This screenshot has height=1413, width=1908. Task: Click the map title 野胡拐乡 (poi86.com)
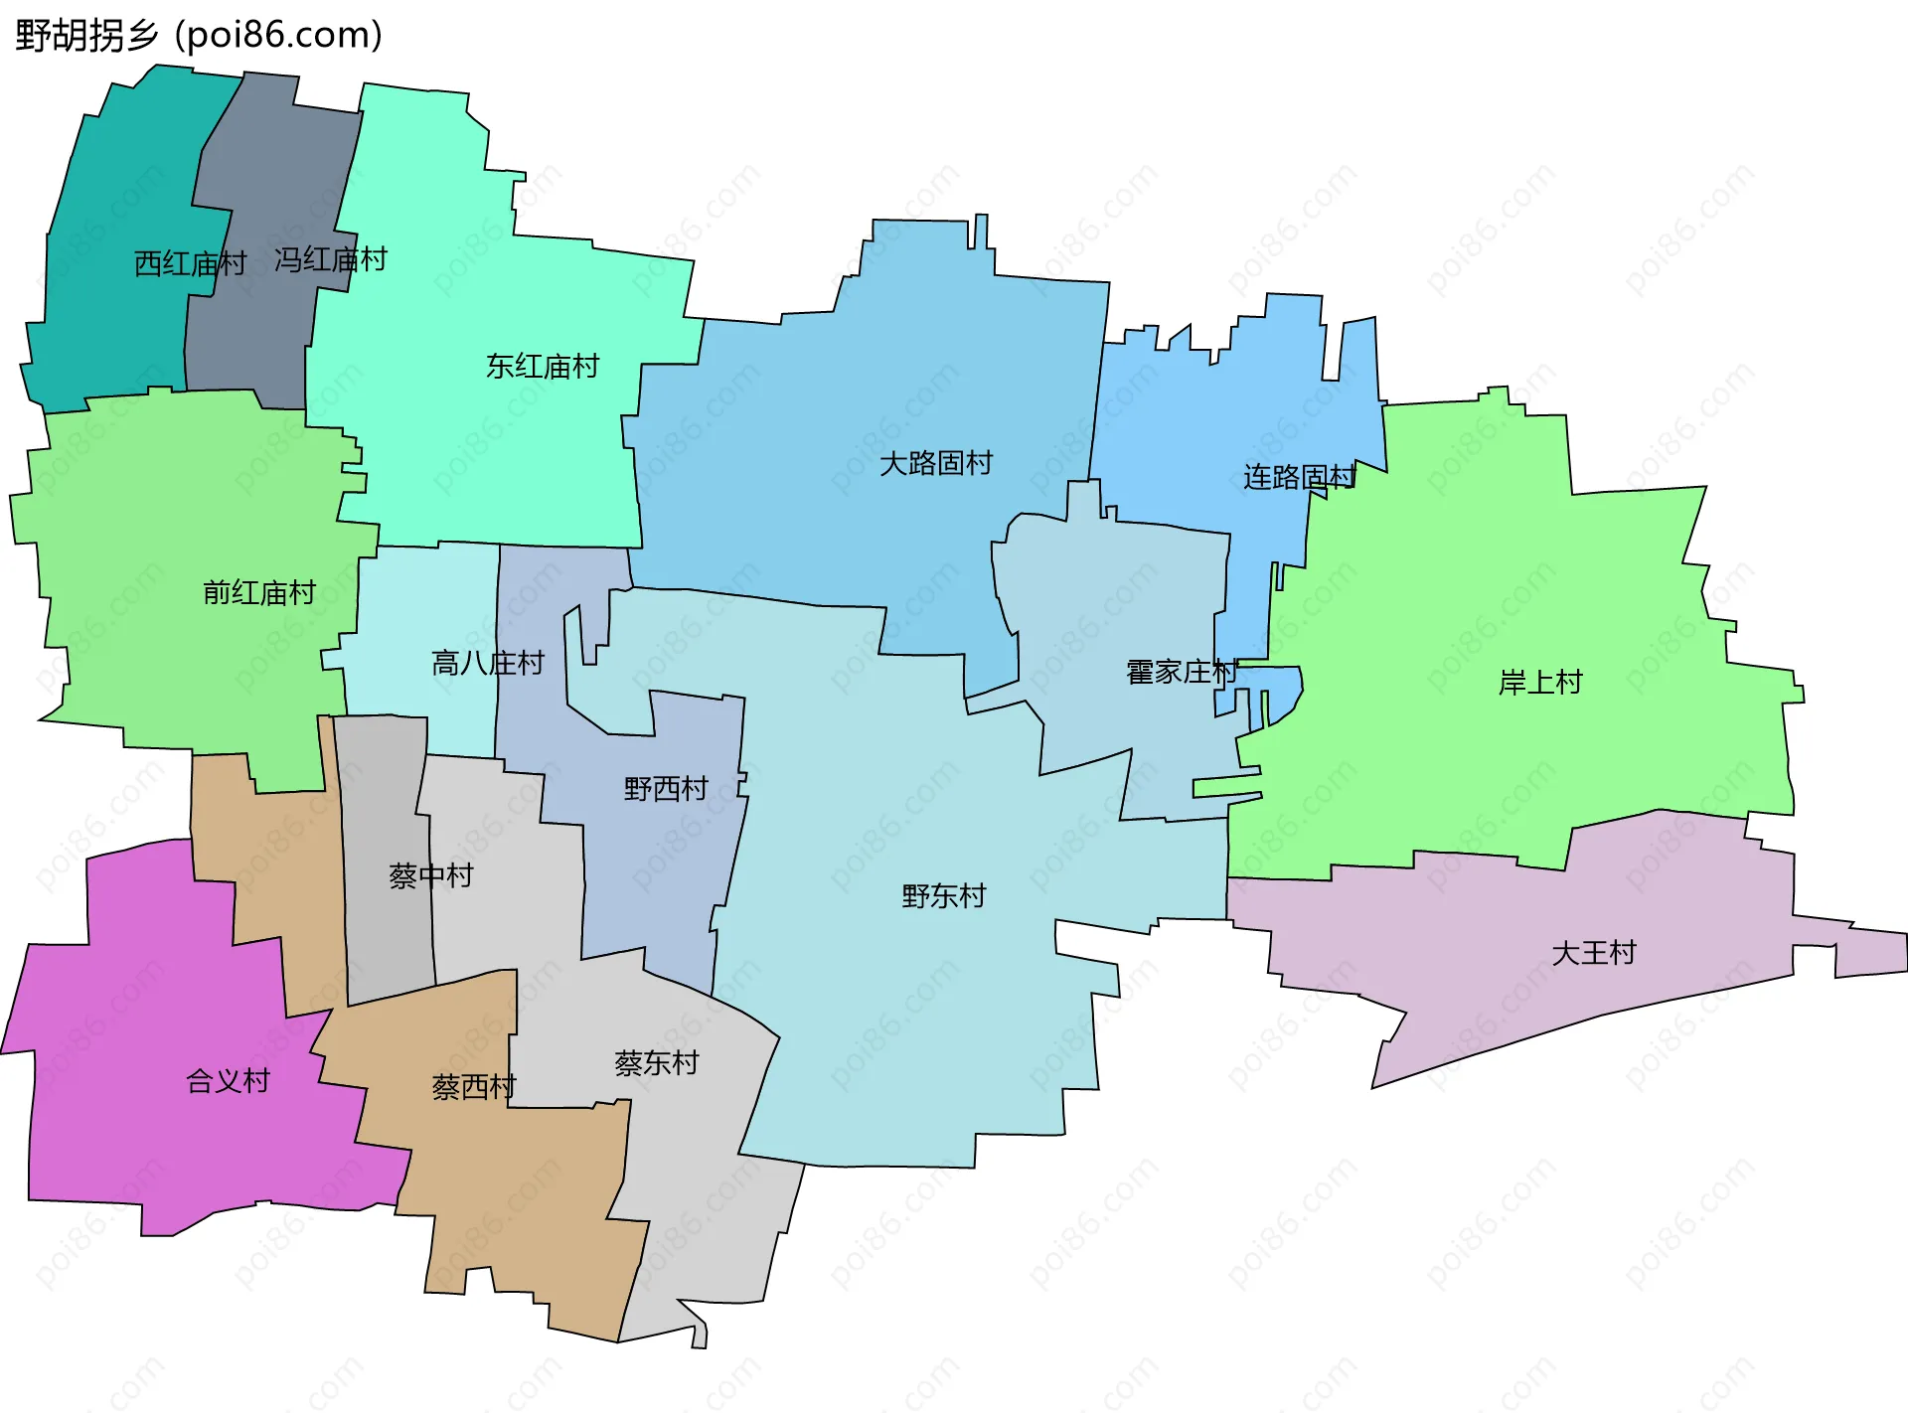point(199,36)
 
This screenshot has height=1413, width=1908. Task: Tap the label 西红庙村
point(190,264)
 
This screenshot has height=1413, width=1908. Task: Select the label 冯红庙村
point(330,260)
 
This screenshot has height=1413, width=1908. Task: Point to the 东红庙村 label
point(543,367)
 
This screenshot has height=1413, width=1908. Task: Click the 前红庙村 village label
point(259,593)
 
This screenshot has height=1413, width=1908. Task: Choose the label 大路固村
point(936,463)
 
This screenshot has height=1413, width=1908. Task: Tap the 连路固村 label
point(1299,478)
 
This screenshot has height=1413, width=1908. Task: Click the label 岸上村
point(1539,683)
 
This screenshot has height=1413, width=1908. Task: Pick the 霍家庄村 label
point(1182,673)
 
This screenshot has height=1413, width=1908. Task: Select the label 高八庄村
point(488,663)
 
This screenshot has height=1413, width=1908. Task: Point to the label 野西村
point(666,789)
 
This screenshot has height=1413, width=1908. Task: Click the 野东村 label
point(944,896)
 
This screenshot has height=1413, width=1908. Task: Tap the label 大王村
point(1594,953)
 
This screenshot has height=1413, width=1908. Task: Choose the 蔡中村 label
point(431,876)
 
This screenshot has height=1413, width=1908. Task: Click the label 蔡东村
point(657,1063)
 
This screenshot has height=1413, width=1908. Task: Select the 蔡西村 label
point(474,1087)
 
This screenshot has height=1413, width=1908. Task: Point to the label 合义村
point(229,1081)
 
